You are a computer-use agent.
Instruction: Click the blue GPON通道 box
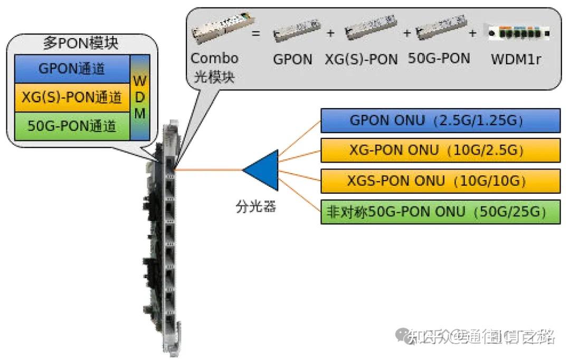pyautogui.click(x=72, y=69)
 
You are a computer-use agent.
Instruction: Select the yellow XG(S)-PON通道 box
pyautogui.click(x=72, y=98)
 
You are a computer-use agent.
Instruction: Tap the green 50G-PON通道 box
pyautogui.click(x=72, y=127)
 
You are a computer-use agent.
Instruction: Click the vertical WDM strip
pyautogui.click(x=140, y=98)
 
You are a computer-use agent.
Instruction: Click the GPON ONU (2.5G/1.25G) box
pyautogui.click(x=440, y=121)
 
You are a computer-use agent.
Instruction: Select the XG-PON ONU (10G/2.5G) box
pyautogui.click(x=440, y=151)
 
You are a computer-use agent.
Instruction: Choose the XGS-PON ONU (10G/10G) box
pyautogui.click(x=440, y=182)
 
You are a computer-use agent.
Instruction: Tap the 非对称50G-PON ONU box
pyautogui.click(x=440, y=212)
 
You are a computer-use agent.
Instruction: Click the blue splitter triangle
pyautogui.click(x=263, y=170)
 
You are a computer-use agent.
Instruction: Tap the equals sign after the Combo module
pyautogui.click(x=255, y=33)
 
